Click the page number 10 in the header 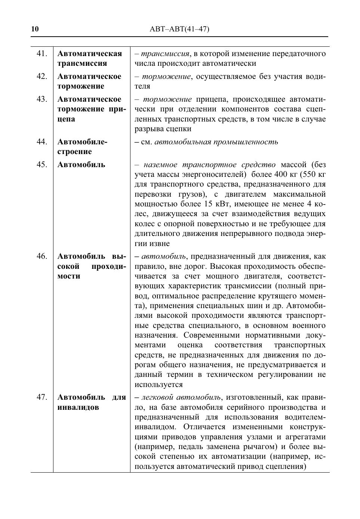click(x=35, y=29)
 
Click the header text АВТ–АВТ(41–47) click(x=179, y=29)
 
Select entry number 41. click(x=42, y=53)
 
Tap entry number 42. click(x=42, y=76)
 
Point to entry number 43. click(x=42, y=99)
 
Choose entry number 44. click(x=42, y=142)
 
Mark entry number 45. click(x=42, y=165)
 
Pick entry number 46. click(x=42, y=256)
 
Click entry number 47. click(x=42, y=397)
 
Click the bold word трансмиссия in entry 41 click(x=82, y=64)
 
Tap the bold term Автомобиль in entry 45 click(x=81, y=165)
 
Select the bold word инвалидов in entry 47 click(x=78, y=407)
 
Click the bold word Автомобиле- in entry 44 click(x=82, y=142)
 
